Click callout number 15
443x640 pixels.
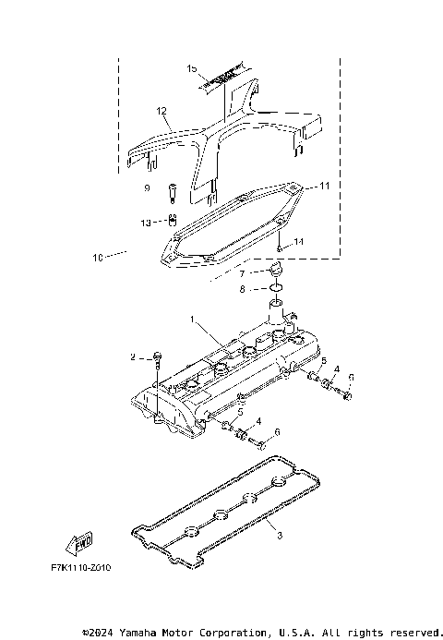click(192, 69)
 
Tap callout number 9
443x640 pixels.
click(146, 187)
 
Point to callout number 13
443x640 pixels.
click(146, 223)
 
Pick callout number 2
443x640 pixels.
click(133, 356)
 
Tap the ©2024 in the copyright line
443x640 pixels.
click(102, 633)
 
